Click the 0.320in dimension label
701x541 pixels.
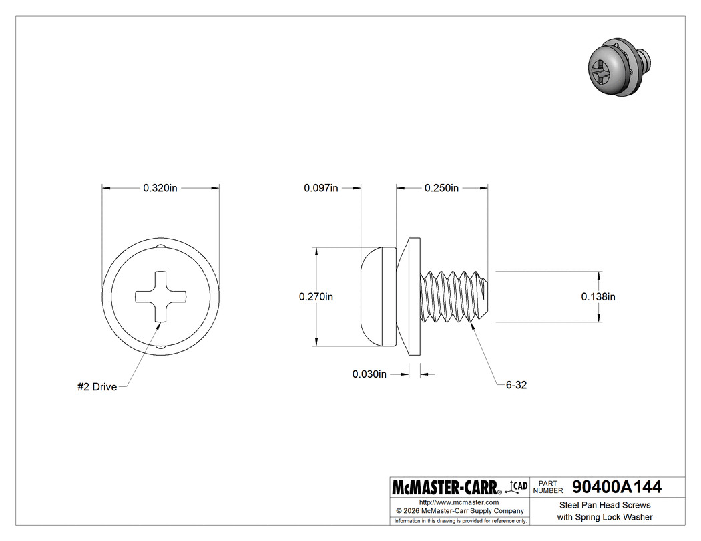[x=160, y=188]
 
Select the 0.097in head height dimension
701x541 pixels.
[x=320, y=188]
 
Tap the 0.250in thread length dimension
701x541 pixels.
[x=441, y=188]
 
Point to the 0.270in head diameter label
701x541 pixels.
[x=316, y=296]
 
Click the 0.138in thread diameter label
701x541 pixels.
[x=598, y=296]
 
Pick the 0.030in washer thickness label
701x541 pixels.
[x=369, y=374]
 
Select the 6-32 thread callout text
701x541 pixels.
[x=516, y=385]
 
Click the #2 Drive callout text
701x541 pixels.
[x=97, y=387]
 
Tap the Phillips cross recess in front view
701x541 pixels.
[x=161, y=296]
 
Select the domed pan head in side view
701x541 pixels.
[x=378, y=296]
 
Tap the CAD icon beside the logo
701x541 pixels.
[x=519, y=486]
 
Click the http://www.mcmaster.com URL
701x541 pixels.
[x=459, y=502]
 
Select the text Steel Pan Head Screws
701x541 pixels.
[x=604, y=505]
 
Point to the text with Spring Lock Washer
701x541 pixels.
[x=604, y=517]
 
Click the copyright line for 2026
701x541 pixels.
[x=459, y=510]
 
